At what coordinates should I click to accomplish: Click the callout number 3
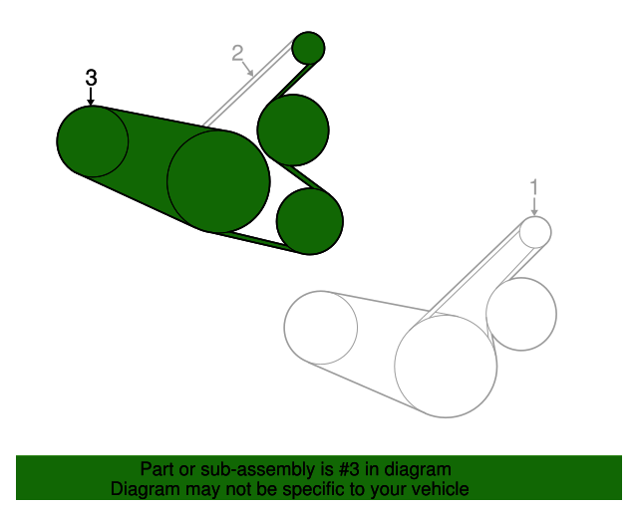click(91, 78)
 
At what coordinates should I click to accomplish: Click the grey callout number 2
click(237, 53)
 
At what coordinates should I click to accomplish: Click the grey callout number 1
click(534, 187)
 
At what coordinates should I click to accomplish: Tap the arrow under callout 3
click(91, 97)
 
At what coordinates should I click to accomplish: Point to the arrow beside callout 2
click(248, 69)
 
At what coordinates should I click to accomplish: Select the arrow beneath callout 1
click(534, 206)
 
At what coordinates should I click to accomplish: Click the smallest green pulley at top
click(308, 48)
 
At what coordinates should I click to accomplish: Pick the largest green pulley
click(218, 181)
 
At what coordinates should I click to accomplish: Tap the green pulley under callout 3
click(93, 141)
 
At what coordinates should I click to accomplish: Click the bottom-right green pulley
click(310, 221)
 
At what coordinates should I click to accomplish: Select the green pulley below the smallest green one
click(293, 130)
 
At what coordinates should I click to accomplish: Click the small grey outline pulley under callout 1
click(535, 232)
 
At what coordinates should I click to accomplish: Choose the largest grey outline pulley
click(446, 366)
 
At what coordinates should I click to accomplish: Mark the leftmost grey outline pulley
click(321, 328)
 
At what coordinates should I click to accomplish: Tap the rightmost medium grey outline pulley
click(521, 314)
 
